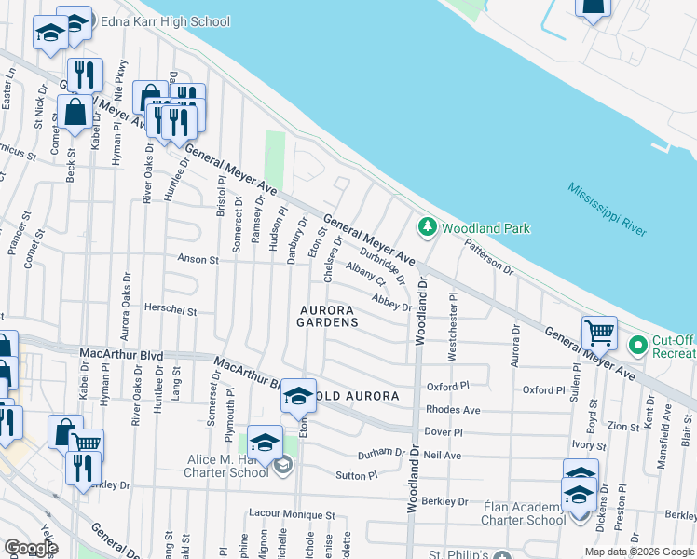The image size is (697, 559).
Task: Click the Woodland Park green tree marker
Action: tap(428, 226)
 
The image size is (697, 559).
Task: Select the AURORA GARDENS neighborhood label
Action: tap(328, 316)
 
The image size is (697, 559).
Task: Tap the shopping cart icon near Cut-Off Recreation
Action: tap(599, 333)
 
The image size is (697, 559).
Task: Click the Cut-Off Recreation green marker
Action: tap(638, 346)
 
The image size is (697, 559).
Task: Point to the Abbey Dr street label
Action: tap(391, 301)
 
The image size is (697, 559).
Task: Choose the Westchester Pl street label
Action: tap(454, 326)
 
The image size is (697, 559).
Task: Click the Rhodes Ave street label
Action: tap(452, 410)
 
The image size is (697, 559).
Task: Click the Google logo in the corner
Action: tap(31, 548)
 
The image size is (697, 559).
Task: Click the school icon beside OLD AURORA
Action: tap(298, 397)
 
